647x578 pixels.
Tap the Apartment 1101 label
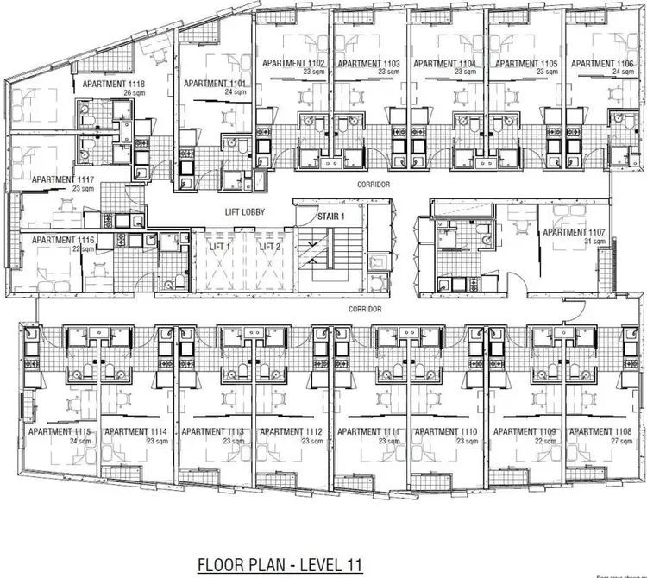[x=215, y=83]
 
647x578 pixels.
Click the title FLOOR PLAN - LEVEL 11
[x=280, y=565]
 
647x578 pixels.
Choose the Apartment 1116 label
[x=60, y=240]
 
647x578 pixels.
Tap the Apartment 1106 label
[x=602, y=64]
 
